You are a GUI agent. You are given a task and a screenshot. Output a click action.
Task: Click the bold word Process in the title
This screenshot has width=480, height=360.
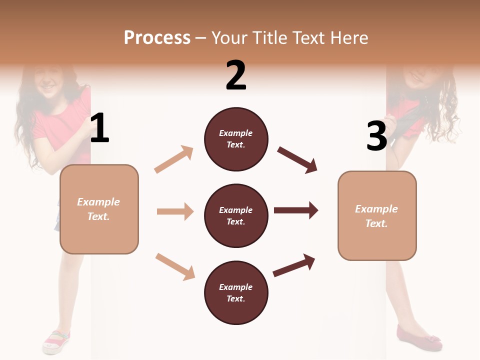pos(157,37)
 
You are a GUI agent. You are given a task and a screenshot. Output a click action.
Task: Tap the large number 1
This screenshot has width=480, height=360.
pos(99,128)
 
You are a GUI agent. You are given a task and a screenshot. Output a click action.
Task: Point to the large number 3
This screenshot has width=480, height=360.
pos(376,136)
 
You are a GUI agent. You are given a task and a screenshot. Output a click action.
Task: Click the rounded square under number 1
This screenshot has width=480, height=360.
pos(99,209)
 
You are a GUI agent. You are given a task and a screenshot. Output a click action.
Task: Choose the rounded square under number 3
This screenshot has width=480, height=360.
pos(377,215)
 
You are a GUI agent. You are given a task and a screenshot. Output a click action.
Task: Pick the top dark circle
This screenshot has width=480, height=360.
pos(236,139)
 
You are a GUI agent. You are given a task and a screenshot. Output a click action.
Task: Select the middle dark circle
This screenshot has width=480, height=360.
pos(236,215)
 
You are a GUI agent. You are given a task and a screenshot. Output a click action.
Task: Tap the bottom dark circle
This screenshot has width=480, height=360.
pos(236,292)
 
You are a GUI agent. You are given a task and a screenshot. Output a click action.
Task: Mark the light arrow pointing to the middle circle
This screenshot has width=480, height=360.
pos(175,211)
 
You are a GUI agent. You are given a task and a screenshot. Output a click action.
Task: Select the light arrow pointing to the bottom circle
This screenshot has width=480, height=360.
pos(175,266)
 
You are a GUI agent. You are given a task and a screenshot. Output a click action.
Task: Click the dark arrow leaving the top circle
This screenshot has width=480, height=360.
pos(298,159)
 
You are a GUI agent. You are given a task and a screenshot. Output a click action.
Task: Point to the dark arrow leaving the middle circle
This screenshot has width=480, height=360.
pos(296,210)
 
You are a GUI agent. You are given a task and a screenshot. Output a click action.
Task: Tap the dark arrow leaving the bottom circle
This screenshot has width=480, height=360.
pos(294,265)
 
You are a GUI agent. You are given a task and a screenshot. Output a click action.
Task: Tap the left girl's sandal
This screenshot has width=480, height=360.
pos(56,341)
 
